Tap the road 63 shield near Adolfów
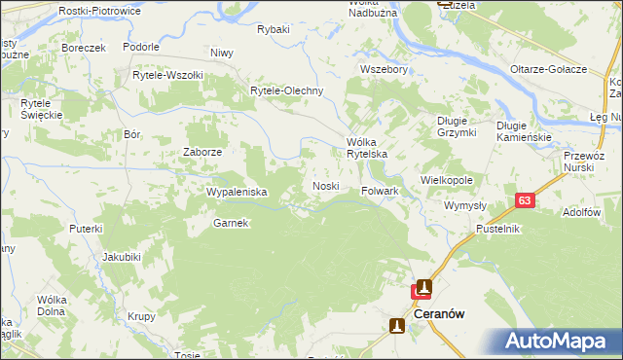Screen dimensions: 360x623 pos(525,200)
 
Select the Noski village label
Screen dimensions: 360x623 pos(325,186)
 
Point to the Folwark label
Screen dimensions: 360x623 pos(381,192)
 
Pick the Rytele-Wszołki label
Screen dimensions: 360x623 pos(167,75)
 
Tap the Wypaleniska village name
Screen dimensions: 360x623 pos(237,193)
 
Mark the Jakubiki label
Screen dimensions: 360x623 pos(123,258)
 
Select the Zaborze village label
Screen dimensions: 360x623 pos(203,153)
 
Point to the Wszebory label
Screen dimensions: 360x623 pos(383,70)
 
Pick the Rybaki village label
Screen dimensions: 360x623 pos(274,29)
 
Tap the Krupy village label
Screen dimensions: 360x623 pos(141,317)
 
